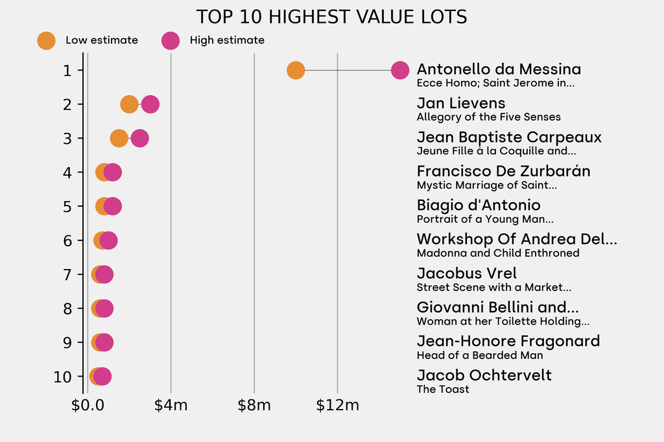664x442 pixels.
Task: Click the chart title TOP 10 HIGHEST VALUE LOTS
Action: click(x=331, y=17)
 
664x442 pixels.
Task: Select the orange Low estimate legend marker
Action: click(x=46, y=40)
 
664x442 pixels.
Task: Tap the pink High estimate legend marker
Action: click(x=171, y=40)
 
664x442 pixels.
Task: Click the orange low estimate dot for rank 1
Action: click(x=296, y=70)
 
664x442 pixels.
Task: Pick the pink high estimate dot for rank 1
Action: click(x=400, y=70)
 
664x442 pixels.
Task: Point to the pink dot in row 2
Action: click(x=150, y=104)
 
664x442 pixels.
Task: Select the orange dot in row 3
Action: click(x=118, y=138)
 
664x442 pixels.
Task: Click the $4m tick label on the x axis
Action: click(x=171, y=406)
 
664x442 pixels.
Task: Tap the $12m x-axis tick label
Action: click(x=337, y=406)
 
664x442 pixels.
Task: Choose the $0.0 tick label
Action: click(x=88, y=406)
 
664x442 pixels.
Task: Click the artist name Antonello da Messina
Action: click(x=499, y=69)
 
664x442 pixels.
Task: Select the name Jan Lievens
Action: click(x=461, y=103)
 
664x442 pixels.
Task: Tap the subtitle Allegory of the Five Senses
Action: click(x=488, y=117)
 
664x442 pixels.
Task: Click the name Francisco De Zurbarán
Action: click(x=503, y=171)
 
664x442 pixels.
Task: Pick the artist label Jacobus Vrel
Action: click(x=466, y=273)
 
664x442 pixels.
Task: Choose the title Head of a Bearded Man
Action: click(x=480, y=355)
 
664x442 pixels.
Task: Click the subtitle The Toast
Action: click(x=443, y=390)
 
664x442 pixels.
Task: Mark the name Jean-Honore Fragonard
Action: click(x=508, y=342)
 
